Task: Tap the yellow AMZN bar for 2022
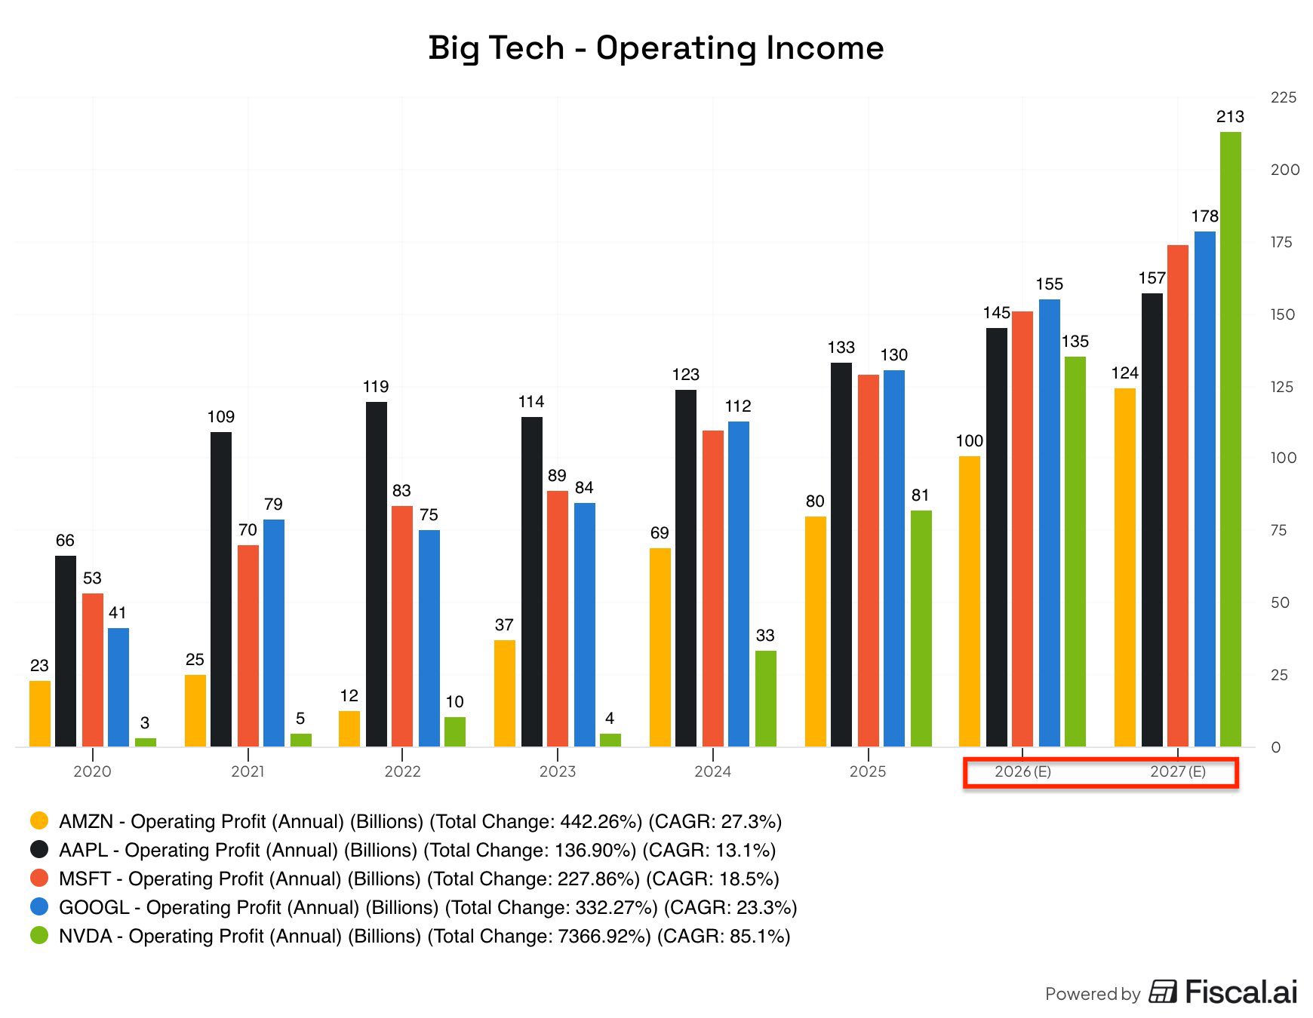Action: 349,728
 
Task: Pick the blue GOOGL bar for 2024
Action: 739,584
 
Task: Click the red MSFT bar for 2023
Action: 557,618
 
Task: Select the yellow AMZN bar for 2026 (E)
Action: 970,601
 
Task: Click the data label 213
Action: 1230,117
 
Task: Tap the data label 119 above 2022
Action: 376,387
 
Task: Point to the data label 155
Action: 1049,284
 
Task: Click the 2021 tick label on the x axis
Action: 248,771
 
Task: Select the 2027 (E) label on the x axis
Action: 1177,771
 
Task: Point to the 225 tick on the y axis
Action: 1283,97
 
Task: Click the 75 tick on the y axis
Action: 1278,530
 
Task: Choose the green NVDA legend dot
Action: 39,936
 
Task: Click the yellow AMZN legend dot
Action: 39,820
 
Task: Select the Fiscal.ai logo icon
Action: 1163,992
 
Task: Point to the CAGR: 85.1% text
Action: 723,937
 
